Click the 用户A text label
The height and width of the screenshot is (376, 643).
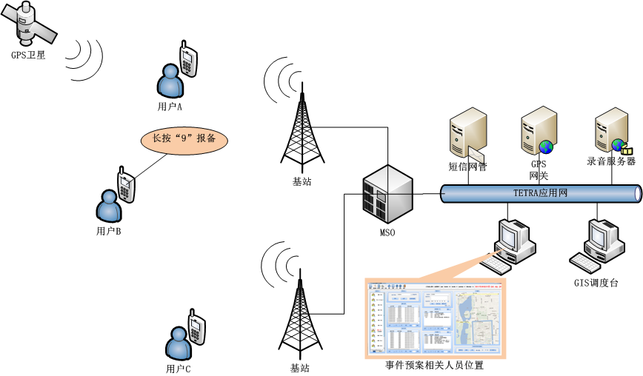pos(170,107)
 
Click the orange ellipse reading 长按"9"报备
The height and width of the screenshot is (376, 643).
pos(184,138)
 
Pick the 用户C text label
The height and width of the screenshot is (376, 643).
pos(179,369)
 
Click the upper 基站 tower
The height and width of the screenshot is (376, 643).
pos(301,126)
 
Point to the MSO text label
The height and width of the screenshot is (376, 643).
pos(387,234)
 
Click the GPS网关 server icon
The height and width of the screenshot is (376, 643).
pos(539,130)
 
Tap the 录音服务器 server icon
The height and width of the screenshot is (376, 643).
pos(613,129)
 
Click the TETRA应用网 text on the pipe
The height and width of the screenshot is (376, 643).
pos(540,193)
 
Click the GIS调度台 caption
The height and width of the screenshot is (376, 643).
pos(596,283)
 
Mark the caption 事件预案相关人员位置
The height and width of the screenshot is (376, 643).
pos(434,366)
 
